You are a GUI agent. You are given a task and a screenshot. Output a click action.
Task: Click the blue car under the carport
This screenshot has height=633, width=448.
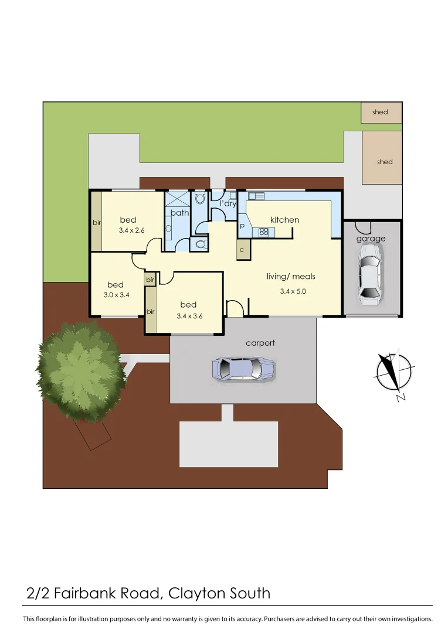tap(243, 369)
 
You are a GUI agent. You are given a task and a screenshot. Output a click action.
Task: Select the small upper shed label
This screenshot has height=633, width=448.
tap(380, 112)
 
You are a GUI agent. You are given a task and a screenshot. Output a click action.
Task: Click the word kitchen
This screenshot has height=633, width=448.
tap(284, 220)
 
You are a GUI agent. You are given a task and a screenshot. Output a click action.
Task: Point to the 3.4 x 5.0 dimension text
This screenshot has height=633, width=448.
tap(293, 291)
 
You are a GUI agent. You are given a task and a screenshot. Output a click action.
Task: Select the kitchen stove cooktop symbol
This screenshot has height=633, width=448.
tap(264, 232)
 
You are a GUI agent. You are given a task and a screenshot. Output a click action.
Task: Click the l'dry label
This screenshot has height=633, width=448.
tap(228, 203)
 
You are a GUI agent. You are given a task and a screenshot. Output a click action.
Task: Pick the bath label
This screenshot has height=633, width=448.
tap(179, 212)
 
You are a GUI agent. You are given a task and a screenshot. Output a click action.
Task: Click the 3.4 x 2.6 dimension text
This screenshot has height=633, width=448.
tap(131, 231)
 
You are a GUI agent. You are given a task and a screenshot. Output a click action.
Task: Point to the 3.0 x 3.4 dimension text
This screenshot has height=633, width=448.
tap(116, 295)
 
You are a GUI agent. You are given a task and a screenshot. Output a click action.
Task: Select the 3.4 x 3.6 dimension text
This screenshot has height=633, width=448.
tap(189, 315)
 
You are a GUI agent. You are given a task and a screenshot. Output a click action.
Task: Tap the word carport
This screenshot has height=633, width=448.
tap(260, 343)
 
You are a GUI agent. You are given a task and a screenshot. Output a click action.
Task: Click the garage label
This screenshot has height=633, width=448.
tap(371, 239)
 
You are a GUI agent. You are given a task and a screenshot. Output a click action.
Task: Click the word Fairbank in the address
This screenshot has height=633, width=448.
tap(106, 593)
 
